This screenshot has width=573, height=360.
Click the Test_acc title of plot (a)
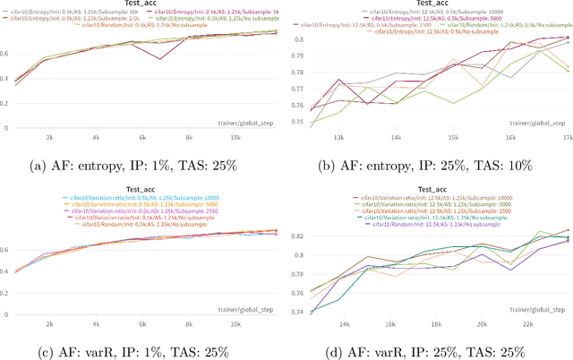141,5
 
